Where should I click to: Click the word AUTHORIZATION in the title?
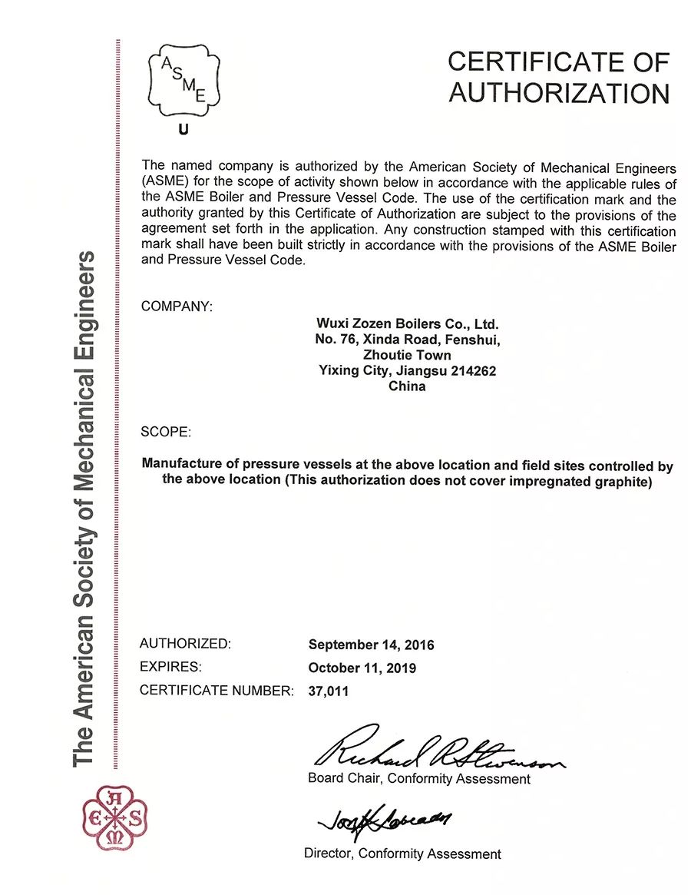pyautogui.click(x=559, y=93)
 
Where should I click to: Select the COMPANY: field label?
pyautogui.click(x=177, y=307)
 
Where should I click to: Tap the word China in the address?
pyautogui.click(x=407, y=386)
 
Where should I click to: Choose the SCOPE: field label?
pyautogui.click(x=165, y=432)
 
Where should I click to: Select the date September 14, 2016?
pyautogui.click(x=371, y=645)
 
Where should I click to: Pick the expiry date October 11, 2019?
pyautogui.click(x=362, y=668)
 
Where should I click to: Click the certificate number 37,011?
pyautogui.click(x=328, y=691)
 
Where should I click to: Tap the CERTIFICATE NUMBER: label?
pyautogui.click(x=217, y=691)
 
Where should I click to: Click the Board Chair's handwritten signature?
pyautogui.click(x=438, y=751)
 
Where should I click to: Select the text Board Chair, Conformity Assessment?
pyautogui.click(x=418, y=779)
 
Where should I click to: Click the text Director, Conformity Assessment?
pyautogui.click(x=402, y=854)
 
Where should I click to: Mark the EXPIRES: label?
pyautogui.click(x=170, y=667)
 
